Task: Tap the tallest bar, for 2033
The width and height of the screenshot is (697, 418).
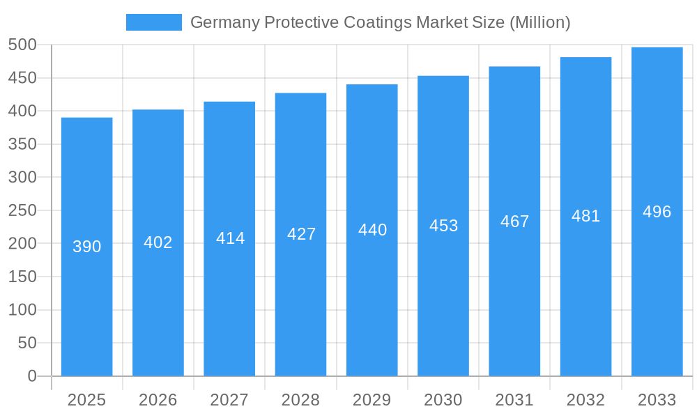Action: [x=657, y=293]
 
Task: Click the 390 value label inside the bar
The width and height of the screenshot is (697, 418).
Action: [x=87, y=247]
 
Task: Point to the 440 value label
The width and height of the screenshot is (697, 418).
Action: [x=372, y=230]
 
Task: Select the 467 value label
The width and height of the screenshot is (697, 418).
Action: [x=515, y=222]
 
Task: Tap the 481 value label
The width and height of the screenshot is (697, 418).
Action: [x=586, y=216]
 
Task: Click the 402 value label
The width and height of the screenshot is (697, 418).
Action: [x=158, y=242]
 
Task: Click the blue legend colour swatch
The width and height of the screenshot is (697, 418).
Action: [x=153, y=22]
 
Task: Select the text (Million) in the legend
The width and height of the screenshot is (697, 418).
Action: [x=540, y=22]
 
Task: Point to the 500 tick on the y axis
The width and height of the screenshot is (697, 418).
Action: [x=22, y=45]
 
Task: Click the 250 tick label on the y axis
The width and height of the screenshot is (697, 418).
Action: [x=22, y=210]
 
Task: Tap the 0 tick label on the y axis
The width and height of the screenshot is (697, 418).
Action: [x=31, y=376]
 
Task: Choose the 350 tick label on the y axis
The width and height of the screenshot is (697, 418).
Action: [x=22, y=144]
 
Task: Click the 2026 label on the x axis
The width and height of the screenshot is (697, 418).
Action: [x=158, y=400]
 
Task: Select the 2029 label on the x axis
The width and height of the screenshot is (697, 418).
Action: [x=372, y=400]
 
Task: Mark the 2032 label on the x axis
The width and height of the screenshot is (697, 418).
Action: [x=586, y=400]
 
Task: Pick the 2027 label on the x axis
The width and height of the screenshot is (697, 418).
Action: [x=229, y=400]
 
